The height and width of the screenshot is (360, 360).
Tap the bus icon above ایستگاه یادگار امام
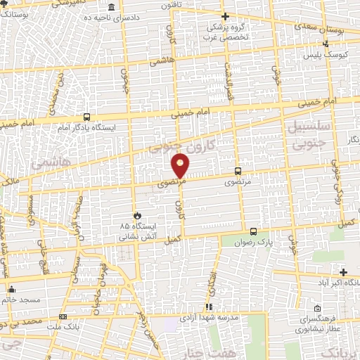point(86,117)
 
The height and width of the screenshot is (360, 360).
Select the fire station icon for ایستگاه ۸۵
point(138,216)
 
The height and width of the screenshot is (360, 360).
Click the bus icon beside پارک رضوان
point(253,231)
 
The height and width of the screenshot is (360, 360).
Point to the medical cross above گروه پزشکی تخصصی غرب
point(225,16)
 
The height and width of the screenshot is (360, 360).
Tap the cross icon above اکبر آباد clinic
point(343,272)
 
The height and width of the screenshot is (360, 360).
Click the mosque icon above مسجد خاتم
point(11,289)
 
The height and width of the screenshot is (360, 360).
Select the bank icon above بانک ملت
point(63,316)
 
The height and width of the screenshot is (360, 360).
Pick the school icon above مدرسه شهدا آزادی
point(208,307)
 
